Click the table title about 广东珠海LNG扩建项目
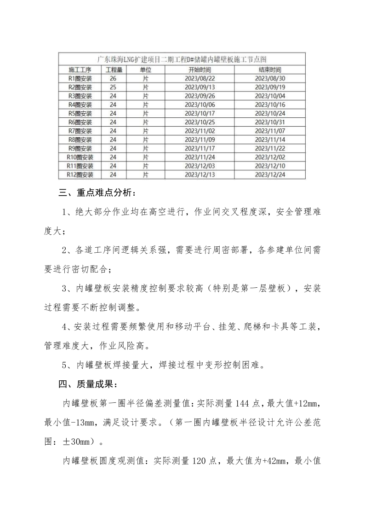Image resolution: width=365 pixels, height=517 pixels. click(x=182, y=60)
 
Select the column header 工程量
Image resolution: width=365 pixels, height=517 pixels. click(x=114, y=70)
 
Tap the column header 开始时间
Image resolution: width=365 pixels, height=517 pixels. click(x=200, y=70)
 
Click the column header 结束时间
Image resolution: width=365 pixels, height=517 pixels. click(x=270, y=70)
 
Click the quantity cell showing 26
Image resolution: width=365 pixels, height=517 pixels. click(x=113, y=79)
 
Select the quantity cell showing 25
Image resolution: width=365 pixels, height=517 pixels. click(x=113, y=87)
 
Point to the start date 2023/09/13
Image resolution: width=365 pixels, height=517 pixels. click(x=200, y=87)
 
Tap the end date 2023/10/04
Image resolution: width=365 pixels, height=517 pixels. click(x=270, y=96)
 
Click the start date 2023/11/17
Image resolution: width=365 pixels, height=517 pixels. click(x=200, y=148)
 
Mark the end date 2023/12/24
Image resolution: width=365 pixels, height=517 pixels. click(x=270, y=174)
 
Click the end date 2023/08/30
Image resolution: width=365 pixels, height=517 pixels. click(x=270, y=79)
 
